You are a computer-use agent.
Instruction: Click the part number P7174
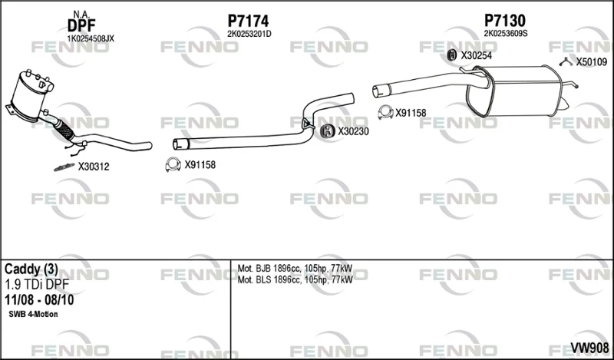(248, 21)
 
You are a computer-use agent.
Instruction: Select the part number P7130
(505, 21)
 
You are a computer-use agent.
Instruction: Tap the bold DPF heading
(81, 26)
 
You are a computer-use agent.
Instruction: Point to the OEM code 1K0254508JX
(91, 38)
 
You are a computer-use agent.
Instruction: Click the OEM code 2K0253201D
(249, 34)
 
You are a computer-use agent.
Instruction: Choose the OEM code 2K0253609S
(506, 34)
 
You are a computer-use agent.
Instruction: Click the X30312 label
(93, 167)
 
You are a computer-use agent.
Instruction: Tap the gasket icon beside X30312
(64, 167)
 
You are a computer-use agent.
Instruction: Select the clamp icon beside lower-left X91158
(173, 164)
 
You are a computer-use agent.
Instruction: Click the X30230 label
(353, 131)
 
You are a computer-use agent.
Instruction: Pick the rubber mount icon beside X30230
(326, 131)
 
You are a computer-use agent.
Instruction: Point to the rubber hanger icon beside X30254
(452, 55)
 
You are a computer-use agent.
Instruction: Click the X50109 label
(591, 62)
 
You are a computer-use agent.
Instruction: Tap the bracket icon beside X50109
(566, 61)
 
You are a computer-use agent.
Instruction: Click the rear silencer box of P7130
(513, 91)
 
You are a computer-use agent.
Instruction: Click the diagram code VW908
(589, 348)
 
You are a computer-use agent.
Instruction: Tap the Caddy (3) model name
(31, 269)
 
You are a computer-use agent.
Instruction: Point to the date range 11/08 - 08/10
(39, 300)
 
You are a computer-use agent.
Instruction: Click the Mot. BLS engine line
(295, 279)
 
